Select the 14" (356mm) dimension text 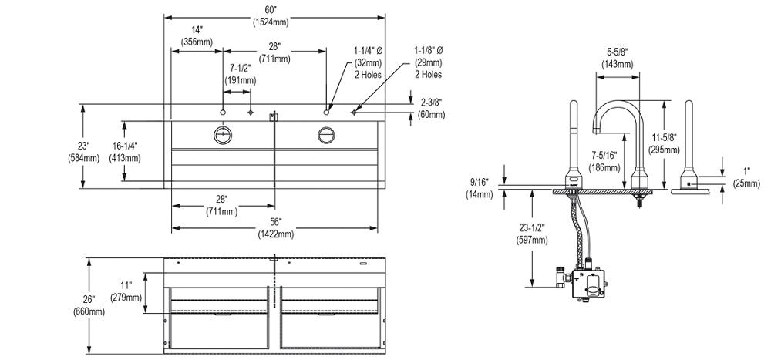197,35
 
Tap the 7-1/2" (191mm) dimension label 241,74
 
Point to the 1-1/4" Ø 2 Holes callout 369,62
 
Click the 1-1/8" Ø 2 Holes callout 429,62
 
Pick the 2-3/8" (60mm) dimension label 432,108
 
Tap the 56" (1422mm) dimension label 275,228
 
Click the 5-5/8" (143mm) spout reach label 618,57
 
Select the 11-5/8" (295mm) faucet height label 665,143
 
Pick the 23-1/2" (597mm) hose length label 530,234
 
